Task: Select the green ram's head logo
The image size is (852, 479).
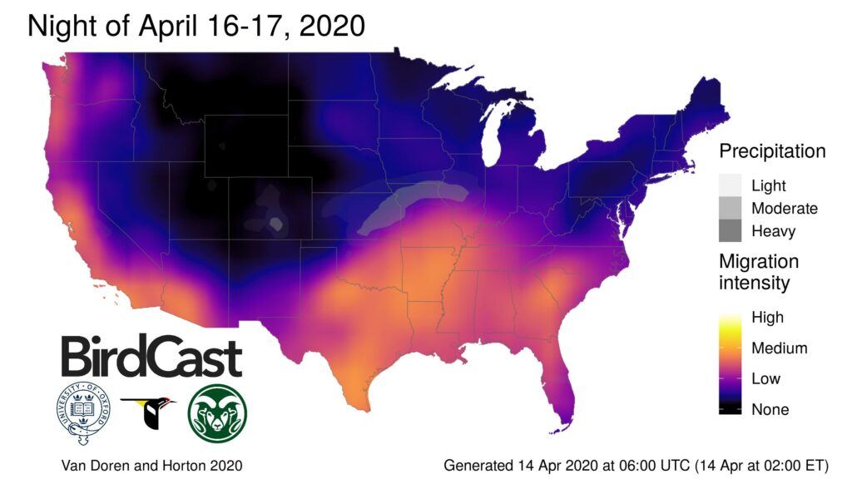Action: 217,413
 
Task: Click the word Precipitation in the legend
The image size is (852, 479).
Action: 772,152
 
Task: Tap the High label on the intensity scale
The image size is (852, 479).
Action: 767,318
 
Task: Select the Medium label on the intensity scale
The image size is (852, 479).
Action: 779,348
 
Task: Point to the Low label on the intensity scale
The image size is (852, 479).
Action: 765,379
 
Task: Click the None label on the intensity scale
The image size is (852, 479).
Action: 770,409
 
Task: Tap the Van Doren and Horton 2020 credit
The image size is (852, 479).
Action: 152,465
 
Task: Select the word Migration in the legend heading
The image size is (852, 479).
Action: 759,261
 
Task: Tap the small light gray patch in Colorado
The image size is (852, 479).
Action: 275,223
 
